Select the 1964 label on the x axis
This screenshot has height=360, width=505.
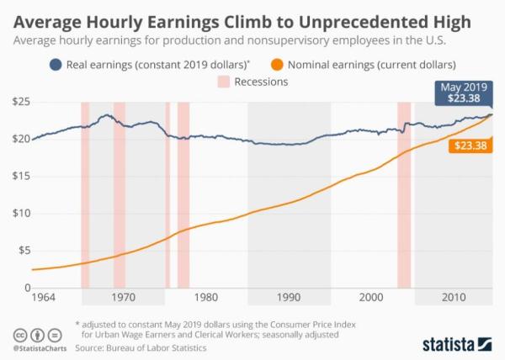click(41, 297)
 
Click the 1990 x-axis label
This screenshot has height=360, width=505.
click(289, 297)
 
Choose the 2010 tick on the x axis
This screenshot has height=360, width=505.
click(454, 297)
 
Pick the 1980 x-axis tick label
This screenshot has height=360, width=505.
click(206, 297)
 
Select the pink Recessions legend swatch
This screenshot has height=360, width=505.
click(223, 82)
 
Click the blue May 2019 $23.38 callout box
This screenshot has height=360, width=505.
click(464, 92)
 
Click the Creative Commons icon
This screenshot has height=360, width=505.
click(19, 332)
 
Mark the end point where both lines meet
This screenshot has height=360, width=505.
click(491, 114)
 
